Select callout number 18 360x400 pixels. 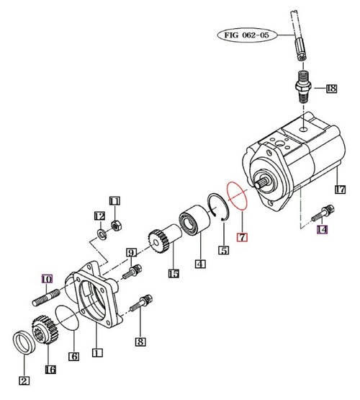pos(330,89)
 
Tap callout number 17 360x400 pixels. pos(341,190)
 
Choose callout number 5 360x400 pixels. pos(224,250)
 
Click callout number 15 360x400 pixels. pos(173,273)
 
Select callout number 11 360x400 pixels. pos(114,200)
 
